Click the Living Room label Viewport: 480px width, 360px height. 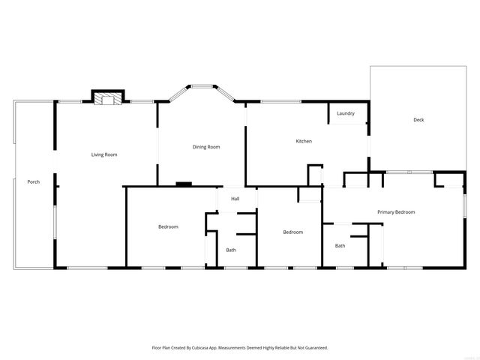[104, 154]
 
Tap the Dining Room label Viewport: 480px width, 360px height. [206, 147]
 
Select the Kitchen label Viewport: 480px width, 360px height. [304, 141]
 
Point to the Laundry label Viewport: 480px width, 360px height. [346, 113]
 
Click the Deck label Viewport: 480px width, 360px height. [418, 120]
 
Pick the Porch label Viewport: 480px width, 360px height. [34, 182]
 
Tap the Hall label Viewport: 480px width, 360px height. [235, 199]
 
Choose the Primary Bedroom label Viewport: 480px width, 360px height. [396, 212]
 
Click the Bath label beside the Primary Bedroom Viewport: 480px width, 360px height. [340, 245]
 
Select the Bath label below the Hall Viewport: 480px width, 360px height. [231, 250]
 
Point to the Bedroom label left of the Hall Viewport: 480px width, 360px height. [168, 226]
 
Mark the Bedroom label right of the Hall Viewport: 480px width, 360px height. [292, 232]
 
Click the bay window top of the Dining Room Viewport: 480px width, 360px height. [202, 86]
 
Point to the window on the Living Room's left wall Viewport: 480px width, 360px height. [54, 223]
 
